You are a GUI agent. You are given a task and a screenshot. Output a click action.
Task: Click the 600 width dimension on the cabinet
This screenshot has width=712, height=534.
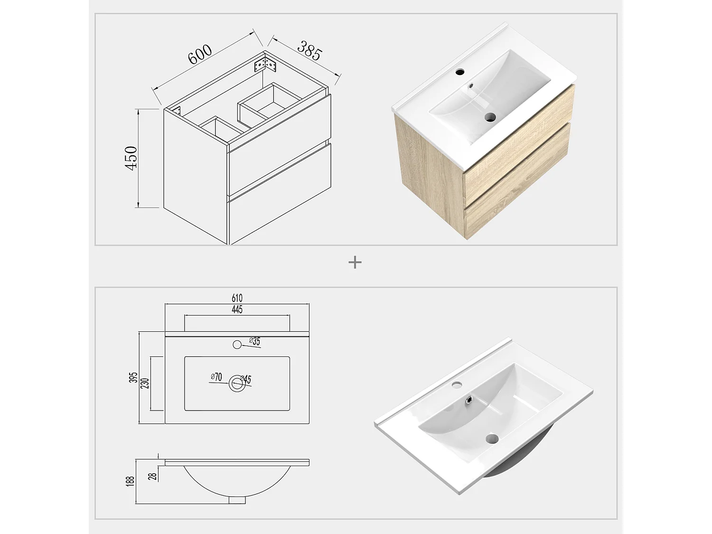(x=200, y=55)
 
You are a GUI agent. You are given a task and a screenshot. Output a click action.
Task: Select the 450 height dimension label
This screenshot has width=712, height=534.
(x=131, y=158)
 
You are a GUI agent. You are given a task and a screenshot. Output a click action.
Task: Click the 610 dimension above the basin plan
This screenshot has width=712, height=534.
(x=237, y=298)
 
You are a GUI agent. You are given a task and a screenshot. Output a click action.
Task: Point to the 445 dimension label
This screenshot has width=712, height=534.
(x=237, y=309)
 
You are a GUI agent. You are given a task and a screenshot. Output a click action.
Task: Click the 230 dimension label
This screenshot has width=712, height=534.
(x=145, y=383)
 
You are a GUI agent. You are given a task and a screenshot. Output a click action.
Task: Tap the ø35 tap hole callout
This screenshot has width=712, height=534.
(x=255, y=341)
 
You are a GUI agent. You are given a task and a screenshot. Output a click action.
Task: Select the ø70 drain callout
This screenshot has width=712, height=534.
(x=216, y=377)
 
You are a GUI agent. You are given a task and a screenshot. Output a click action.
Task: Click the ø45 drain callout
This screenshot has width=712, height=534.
(x=246, y=379)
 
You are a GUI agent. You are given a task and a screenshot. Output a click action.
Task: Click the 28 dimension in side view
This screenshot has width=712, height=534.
(x=152, y=476)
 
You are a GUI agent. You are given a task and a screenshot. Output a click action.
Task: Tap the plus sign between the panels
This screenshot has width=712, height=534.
(x=355, y=262)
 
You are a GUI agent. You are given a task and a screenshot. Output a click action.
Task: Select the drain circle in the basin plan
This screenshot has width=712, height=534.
(x=236, y=384)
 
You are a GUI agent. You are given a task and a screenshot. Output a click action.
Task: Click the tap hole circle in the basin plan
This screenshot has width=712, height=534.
(x=237, y=345)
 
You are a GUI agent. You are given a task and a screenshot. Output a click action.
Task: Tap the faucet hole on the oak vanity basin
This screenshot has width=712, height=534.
(x=459, y=73)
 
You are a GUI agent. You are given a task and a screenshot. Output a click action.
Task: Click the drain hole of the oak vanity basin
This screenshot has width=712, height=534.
(x=489, y=117)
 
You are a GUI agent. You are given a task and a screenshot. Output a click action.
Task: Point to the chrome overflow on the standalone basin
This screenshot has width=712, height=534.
(x=470, y=400)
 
